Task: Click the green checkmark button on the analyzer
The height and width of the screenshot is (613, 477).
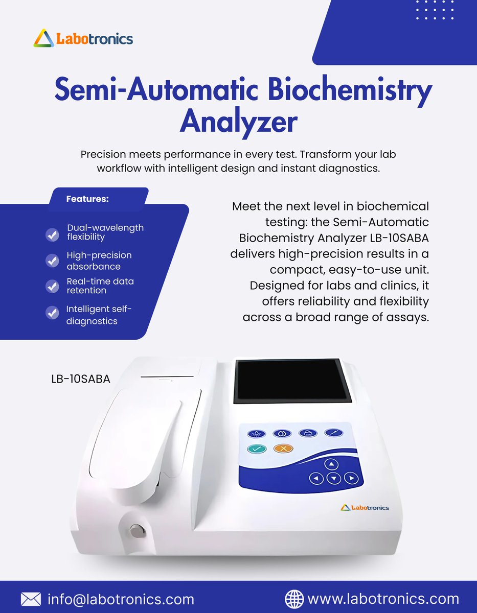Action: tap(256, 449)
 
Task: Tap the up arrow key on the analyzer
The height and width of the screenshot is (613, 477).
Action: tap(332, 464)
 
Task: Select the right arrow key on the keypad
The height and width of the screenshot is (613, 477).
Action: tap(351, 479)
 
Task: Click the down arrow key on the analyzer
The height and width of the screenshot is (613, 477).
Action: tap(333, 479)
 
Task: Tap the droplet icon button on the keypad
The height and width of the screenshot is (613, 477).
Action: tap(282, 434)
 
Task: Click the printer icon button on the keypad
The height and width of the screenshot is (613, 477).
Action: tap(308, 433)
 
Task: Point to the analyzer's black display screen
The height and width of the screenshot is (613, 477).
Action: tap(293, 381)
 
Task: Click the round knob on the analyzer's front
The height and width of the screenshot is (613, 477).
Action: tap(135, 531)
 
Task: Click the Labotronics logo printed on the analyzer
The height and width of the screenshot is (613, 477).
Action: tap(365, 507)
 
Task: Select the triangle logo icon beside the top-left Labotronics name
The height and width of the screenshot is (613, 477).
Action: tap(43, 38)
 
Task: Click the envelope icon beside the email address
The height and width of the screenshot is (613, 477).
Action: tap(31, 599)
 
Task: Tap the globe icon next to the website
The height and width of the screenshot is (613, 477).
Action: tap(294, 599)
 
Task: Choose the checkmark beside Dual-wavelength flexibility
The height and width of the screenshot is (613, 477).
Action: tap(52, 234)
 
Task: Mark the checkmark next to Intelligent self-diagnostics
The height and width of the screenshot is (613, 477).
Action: tap(52, 313)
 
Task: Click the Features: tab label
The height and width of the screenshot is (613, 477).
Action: tap(87, 199)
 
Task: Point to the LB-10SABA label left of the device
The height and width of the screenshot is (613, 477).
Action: tap(81, 379)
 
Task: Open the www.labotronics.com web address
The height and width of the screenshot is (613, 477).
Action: tap(383, 599)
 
